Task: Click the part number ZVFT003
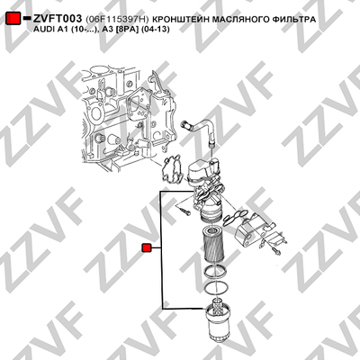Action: coord(58,19)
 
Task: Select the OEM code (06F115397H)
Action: coord(117,20)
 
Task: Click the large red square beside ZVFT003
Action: coord(13,19)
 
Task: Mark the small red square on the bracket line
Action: coord(147,248)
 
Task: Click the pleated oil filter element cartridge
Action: coord(212,244)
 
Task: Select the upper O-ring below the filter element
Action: coord(215,270)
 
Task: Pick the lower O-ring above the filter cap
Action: coord(215,288)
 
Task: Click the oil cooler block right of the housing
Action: coord(253,229)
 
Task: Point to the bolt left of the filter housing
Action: coord(183,209)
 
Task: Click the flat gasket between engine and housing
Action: coord(172,169)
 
